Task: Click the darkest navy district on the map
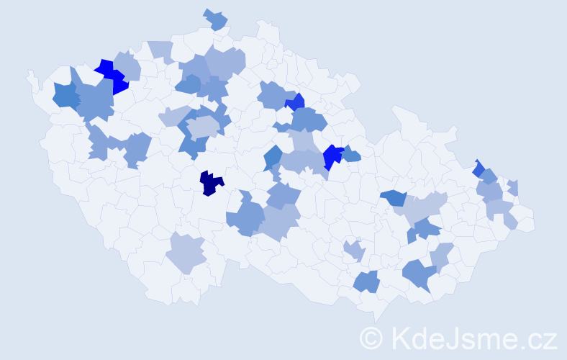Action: (211, 183)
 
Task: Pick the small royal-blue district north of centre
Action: (295, 102)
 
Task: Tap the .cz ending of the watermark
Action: (537, 337)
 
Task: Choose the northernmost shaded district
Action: (215, 19)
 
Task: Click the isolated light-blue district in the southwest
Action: (186, 253)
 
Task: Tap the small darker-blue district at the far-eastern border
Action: (478, 168)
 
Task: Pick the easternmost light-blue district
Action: (512, 188)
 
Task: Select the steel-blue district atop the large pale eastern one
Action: (393, 197)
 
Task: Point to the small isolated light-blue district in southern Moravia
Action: (355, 251)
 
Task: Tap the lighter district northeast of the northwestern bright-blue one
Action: (128, 64)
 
